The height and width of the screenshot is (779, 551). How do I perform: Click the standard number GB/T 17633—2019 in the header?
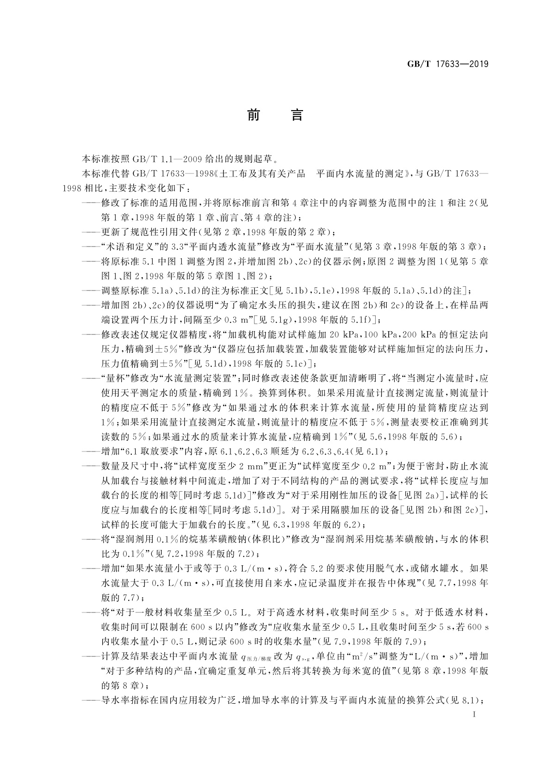coord(448,64)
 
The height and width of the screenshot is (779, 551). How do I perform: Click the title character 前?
coord(253,115)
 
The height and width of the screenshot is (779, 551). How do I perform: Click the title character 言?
coord(297,115)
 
